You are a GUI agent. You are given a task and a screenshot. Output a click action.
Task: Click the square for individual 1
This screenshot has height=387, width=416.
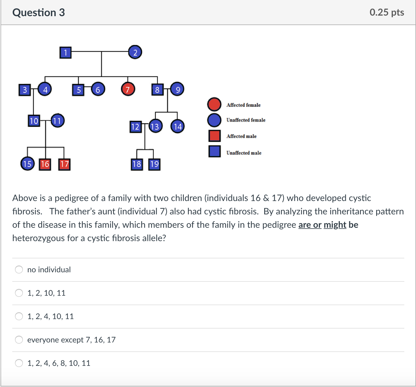coord(65,52)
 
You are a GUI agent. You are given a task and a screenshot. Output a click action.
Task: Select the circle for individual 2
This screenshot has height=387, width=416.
coord(135,52)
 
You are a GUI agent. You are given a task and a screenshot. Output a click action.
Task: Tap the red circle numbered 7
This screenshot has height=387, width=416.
coord(128,89)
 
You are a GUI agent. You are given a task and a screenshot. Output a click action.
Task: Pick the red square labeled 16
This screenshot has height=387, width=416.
coord(45,164)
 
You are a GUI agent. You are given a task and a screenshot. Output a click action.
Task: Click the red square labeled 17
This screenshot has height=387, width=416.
coord(64,164)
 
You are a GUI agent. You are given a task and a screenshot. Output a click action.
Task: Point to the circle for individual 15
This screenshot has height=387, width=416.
coord(28,164)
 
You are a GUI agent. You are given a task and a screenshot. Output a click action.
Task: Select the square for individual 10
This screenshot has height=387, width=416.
coord(34,121)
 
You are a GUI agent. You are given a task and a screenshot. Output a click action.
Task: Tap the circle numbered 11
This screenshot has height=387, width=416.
coord(57,121)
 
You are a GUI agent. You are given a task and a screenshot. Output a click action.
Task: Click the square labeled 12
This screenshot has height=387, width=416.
coord(136,127)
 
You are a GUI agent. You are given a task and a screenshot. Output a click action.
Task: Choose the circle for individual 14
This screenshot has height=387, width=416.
coord(177,126)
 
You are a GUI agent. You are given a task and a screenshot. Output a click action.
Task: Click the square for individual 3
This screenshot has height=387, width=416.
coord(25,90)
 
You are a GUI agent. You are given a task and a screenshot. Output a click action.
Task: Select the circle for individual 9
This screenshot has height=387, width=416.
coord(177,89)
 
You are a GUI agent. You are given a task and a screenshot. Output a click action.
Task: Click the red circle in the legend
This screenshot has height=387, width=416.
coord(214,104)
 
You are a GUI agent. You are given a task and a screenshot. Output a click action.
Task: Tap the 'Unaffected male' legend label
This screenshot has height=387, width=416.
coord(244,153)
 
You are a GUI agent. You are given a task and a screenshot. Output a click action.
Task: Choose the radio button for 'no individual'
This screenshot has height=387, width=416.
coord(19,270)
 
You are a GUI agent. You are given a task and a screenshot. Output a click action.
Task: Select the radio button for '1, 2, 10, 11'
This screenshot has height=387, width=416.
coord(19,293)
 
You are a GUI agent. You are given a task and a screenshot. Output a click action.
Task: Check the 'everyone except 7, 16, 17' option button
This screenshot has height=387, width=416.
coord(19,340)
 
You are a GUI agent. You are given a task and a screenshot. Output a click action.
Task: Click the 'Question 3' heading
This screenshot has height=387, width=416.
coord(39,13)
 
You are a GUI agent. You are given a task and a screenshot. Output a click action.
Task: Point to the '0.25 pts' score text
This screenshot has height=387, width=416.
coord(387,12)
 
